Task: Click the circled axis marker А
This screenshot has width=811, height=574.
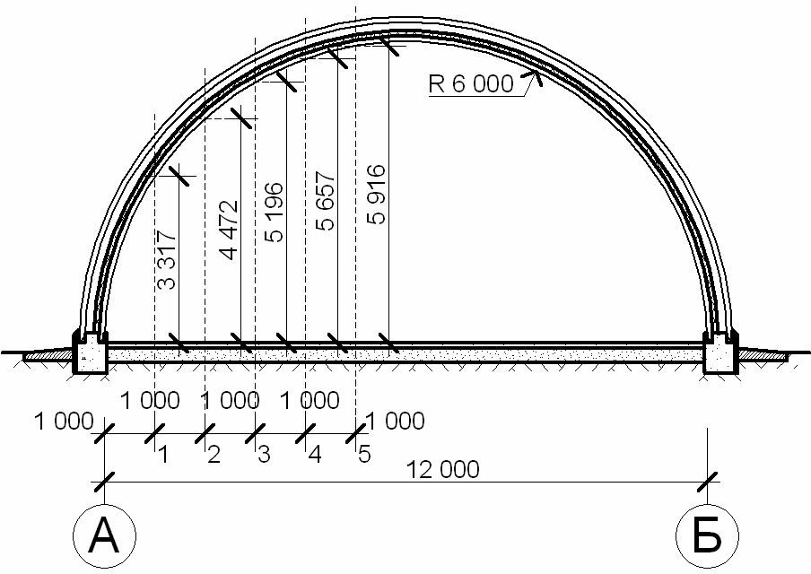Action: (104, 535)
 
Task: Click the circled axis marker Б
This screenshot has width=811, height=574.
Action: (707, 535)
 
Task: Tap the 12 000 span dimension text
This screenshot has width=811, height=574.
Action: (443, 470)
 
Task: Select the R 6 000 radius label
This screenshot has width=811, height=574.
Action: (471, 83)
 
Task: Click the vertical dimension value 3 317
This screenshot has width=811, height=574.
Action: (167, 259)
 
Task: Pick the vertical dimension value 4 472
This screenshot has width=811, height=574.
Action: (229, 230)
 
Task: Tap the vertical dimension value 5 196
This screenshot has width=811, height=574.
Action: (275, 212)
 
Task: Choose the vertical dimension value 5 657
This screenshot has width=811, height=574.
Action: (326, 201)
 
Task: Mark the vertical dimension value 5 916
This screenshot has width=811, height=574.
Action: (376, 194)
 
